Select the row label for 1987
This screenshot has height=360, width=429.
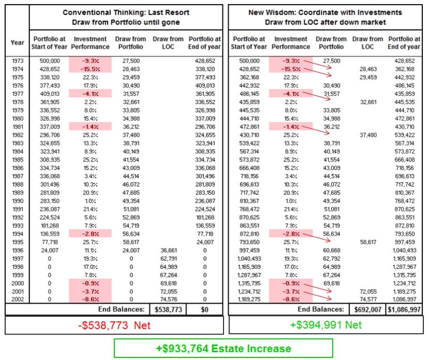coord(17,176)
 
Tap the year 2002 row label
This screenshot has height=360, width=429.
coord(17,299)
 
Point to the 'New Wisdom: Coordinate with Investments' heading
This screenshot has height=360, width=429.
coord(325,12)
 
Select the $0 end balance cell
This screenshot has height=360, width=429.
coord(205,309)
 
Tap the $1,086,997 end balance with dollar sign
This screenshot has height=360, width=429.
coord(405,309)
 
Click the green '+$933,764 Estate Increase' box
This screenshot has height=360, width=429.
coord(223,348)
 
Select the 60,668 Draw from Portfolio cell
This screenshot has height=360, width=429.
coord(331,250)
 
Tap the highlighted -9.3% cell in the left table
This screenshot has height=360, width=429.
coord(91,61)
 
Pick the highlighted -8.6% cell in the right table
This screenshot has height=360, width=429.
coord(290,299)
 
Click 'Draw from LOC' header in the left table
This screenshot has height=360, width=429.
coord(167,42)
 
